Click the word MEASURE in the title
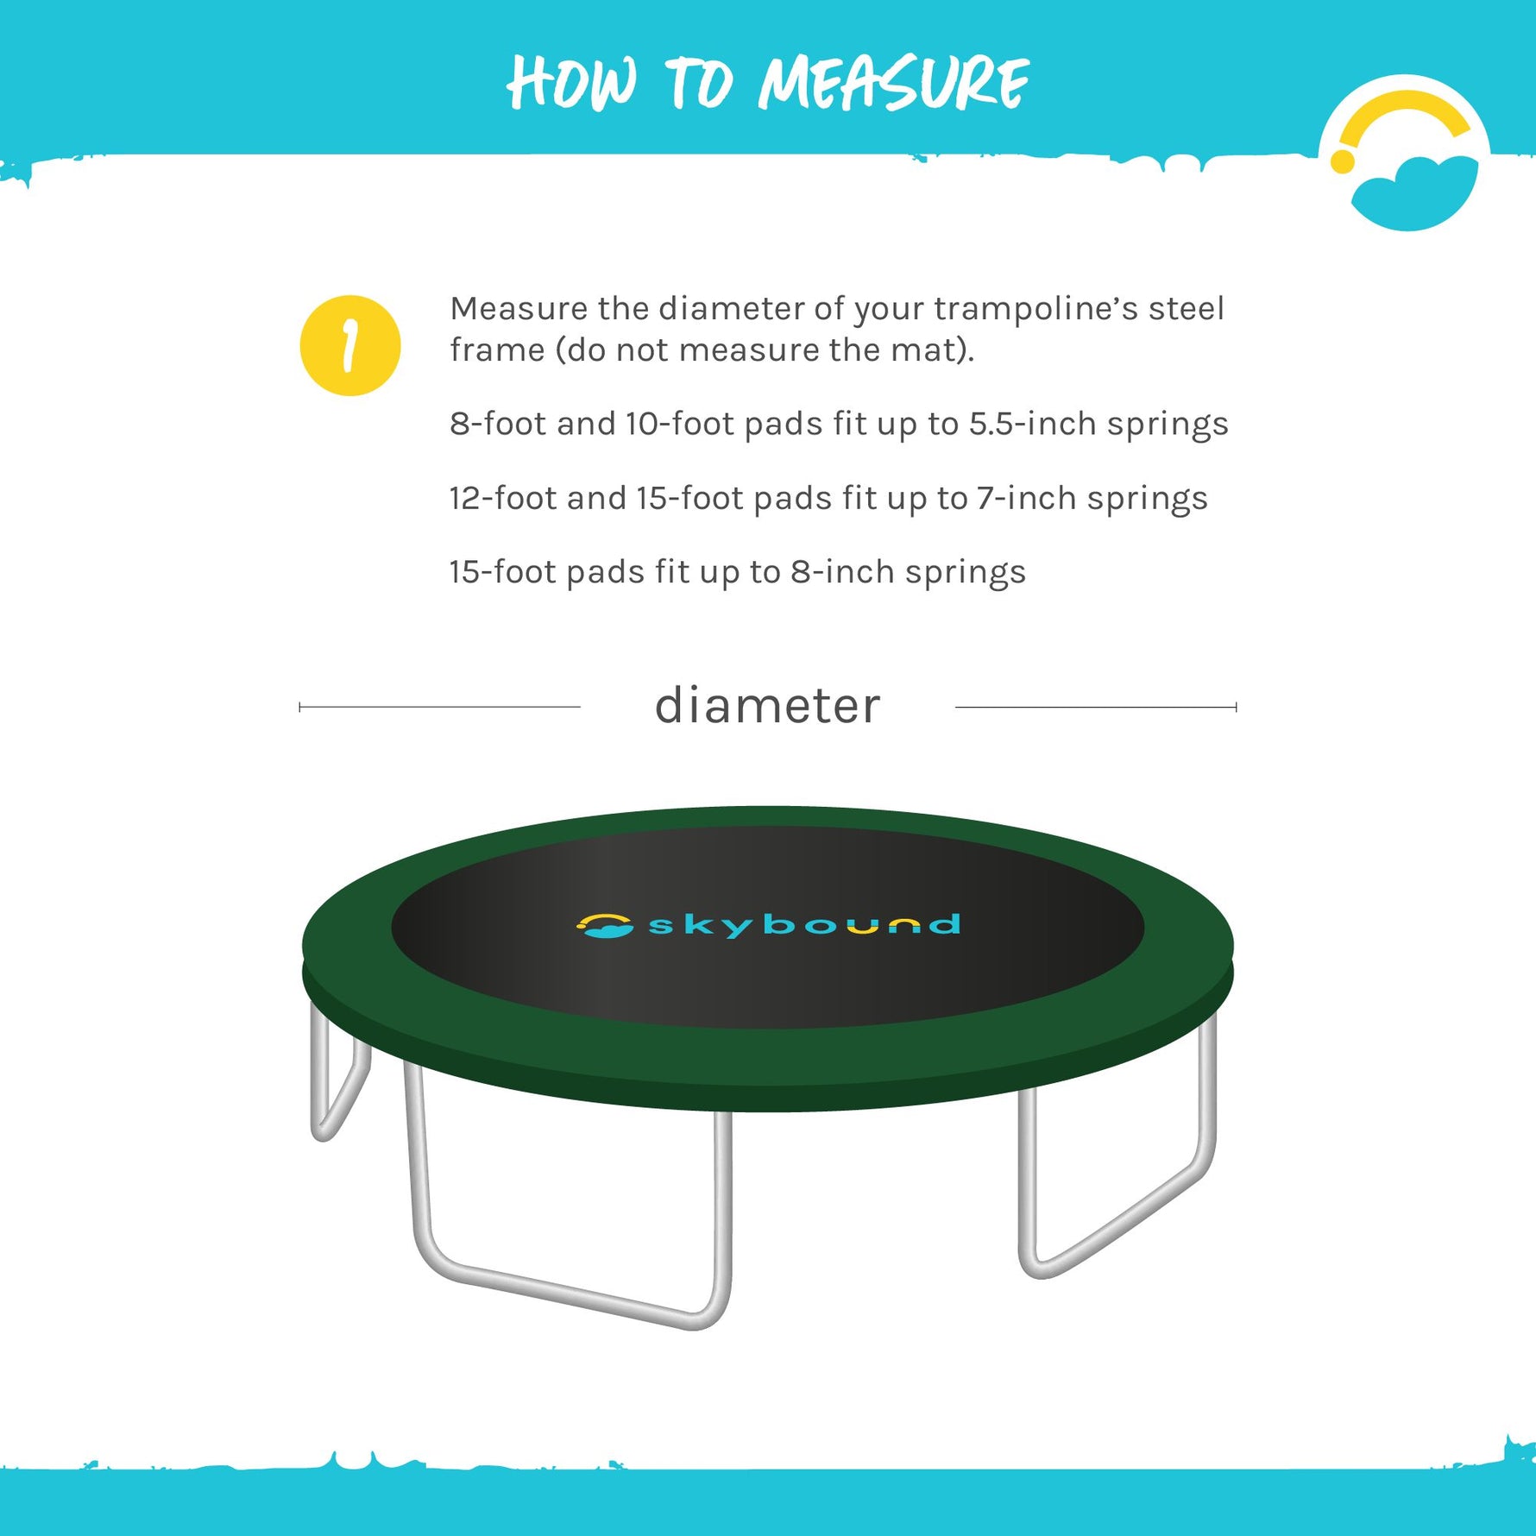click(893, 83)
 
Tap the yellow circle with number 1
click(349, 345)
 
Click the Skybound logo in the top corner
click(1405, 155)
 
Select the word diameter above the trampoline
click(767, 706)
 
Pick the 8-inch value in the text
click(842, 572)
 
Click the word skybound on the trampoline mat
click(803, 925)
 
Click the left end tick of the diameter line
click(299, 707)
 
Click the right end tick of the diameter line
click(1236, 707)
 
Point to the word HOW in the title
click(572, 83)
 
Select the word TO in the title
click(699, 83)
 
